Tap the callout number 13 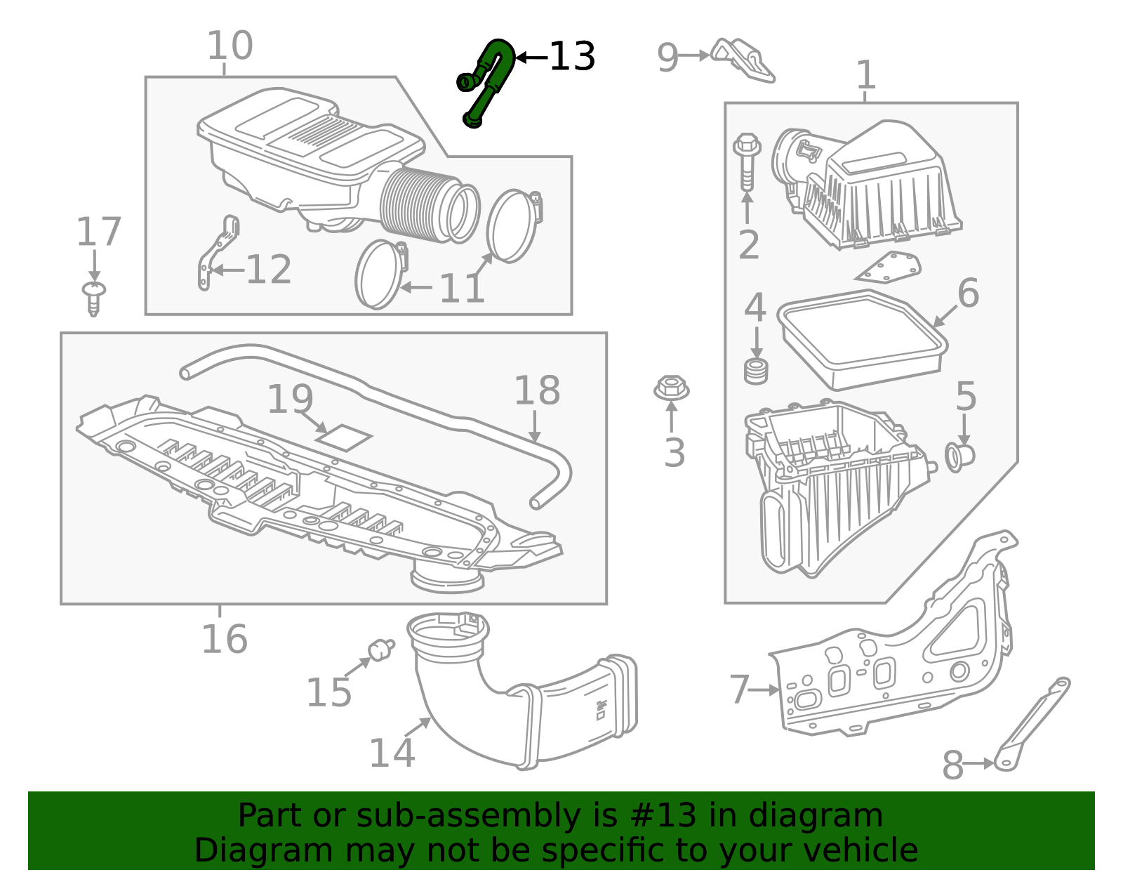pyautogui.click(x=571, y=57)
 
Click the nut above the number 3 pyautogui.click(x=671, y=388)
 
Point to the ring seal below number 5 pyautogui.click(x=959, y=456)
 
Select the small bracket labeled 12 pyautogui.click(x=218, y=253)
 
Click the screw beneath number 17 pyautogui.click(x=93, y=298)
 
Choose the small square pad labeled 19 pyautogui.click(x=343, y=437)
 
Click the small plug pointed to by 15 pyautogui.click(x=381, y=649)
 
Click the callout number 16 pyautogui.click(x=224, y=639)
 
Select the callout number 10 pyautogui.click(x=230, y=46)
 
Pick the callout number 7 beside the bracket pyautogui.click(x=739, y=690)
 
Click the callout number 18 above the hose pyautogui.click(x=537, y=390)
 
